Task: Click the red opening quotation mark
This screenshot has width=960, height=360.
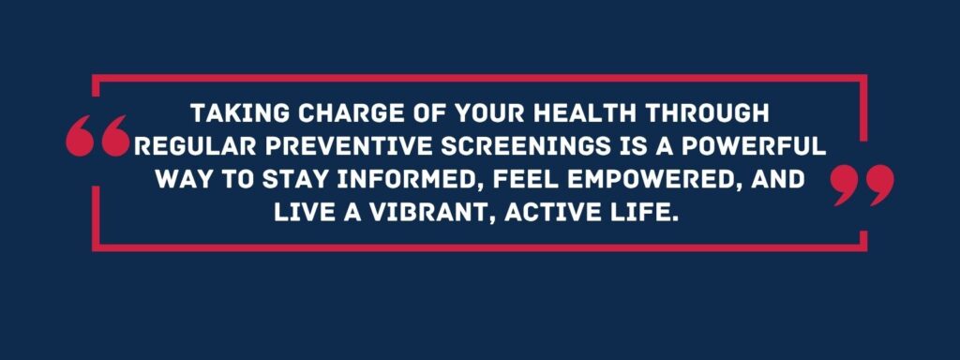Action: pyautogui.click(x=97, y=139)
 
